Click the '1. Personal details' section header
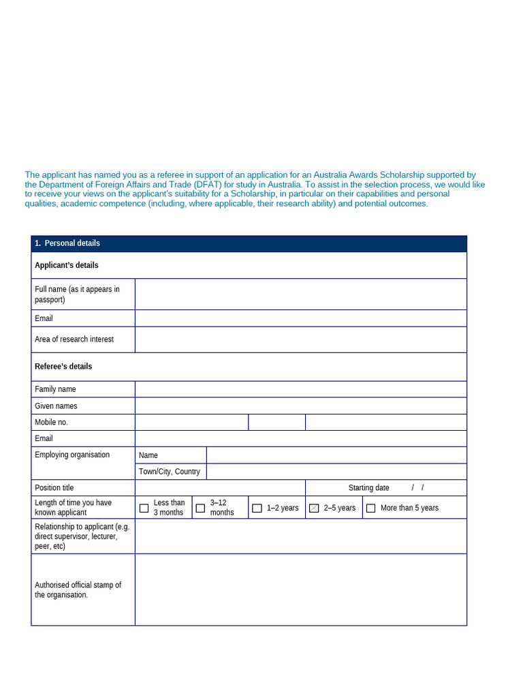pyautogui.click(x=67, y=243)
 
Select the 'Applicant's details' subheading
pyautogui.click(x=67, y=265)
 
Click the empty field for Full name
pyautogui.click(x=300, y=294)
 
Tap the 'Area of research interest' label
pyautogui.click(x=74, y=339)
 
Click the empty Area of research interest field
pyautogui.click(x=300, y=339)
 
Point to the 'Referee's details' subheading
pyautogui.click(x=63, y=367)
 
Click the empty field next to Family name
pyautogui.click(x=300, y=389)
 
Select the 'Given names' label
pyautogui.click(x=56, y=406)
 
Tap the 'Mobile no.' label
pyautogui.click(x=52, y=423)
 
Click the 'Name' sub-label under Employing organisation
pyautogui.click(x=148, y=455)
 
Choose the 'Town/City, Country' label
pyautogui.click(x=170, y=472)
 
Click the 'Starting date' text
pyautogui.click(x=368, y=488)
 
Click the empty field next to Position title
pyautogui.click(x=220, y=488)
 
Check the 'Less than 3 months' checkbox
pyautogui.click(x=144, y=508)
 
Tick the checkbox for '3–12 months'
pyautogui.click(x=200, y=508)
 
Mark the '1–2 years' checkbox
pyautogui.click(x=257, y=508)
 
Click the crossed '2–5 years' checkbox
pyautogui.click(x=314, y=508)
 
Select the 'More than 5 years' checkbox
pyautogui.click(x=370, y=508)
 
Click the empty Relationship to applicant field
pyautogui.click(x=300, y=536)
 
